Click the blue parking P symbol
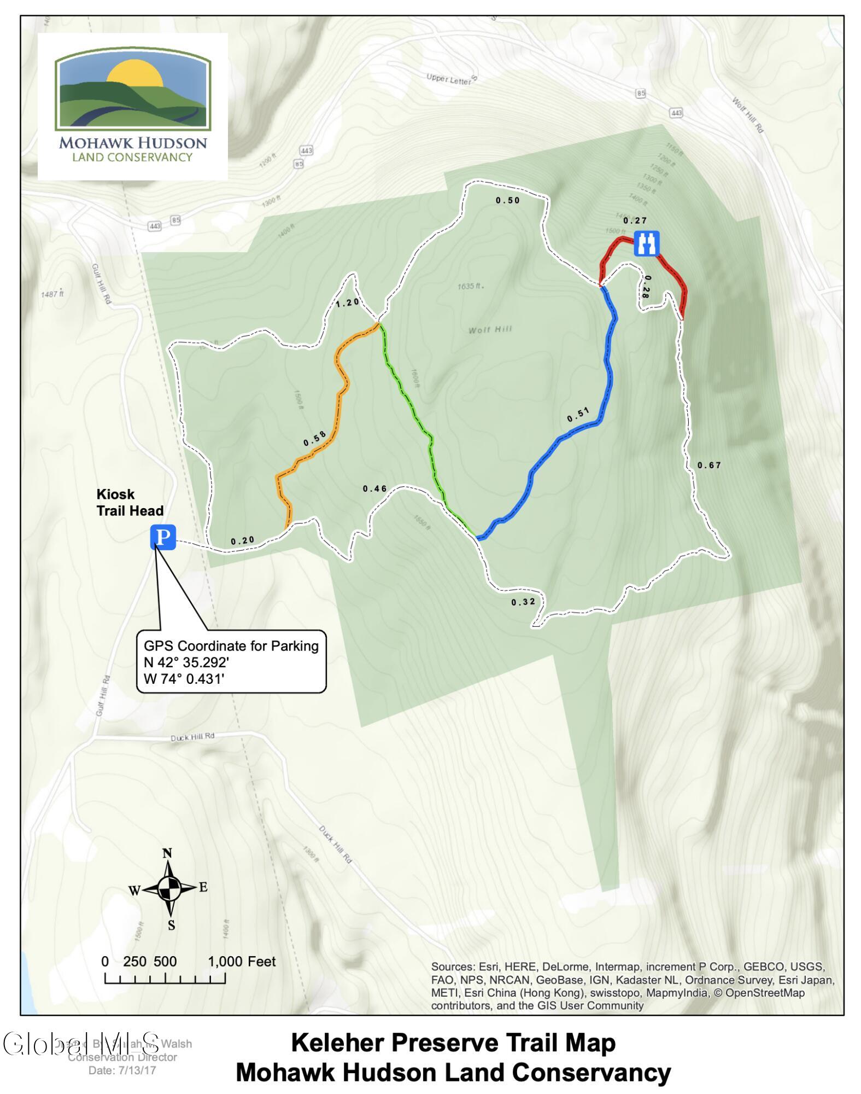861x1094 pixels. pyautogui.click(x=163, y=537)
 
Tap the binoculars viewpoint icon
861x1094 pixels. pyautogui.click(x=647, y=243)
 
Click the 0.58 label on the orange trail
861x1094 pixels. pyautogui.click(x=315, y=438)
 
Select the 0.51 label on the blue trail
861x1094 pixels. pyautogui.click(x=578, y=415)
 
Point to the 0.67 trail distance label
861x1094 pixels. pyautogui.click(x=709, y=465)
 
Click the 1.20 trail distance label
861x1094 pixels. pyautogui.click(x=348, y=302)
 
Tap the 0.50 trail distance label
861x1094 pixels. pyautogui.click(x=508, y=200)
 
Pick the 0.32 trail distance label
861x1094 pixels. pyautogui.click(x=523, y=602)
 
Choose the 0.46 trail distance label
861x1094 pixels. pyautogui.click(x=375, y=488)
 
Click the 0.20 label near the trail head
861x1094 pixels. pyautogui.click(x=243, y=540)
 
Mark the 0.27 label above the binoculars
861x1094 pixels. pyautogui.click(x=635, y=220)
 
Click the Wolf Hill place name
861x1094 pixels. pyautogui.click(x=490, y=329)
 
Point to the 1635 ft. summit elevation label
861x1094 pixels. pyautogui.click(x=471, y=286)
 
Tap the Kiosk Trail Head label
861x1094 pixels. pyautogui.click(x=130, y=502)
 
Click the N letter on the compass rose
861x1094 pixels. pyautogui.click(x=167, y=853)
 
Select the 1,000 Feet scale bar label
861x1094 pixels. pyautogui.click(x=242, y=962)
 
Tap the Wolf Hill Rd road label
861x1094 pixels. pyautogui.click(x=747, y=115)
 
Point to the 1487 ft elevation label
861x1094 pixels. pyautogui.click(x=52, y=294)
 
